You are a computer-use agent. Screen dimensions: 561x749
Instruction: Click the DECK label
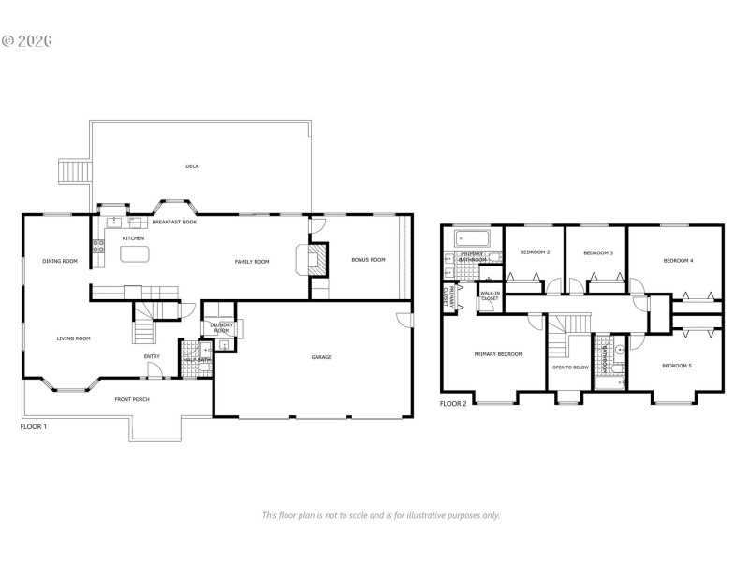point(192,166)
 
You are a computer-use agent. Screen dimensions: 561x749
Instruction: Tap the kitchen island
point(134,253)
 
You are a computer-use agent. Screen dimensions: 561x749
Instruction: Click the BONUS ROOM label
point(368,260)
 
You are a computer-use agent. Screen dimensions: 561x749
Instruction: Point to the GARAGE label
point(321,357)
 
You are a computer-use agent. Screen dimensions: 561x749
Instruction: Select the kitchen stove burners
point(97,247)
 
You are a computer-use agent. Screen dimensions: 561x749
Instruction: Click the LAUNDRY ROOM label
point(222,328)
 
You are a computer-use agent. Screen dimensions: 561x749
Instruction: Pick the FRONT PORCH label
point(132,399)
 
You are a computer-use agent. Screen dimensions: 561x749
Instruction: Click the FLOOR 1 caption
point(34,426)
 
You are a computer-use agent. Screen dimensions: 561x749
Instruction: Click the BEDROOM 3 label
point(597,253)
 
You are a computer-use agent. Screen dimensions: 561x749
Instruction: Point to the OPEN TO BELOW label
point(570,367)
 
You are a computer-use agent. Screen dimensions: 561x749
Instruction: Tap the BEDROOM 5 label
point(676,366)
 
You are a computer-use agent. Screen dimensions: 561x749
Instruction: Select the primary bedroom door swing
point(533,321)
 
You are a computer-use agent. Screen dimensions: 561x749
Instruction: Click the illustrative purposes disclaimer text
point(380,515)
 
